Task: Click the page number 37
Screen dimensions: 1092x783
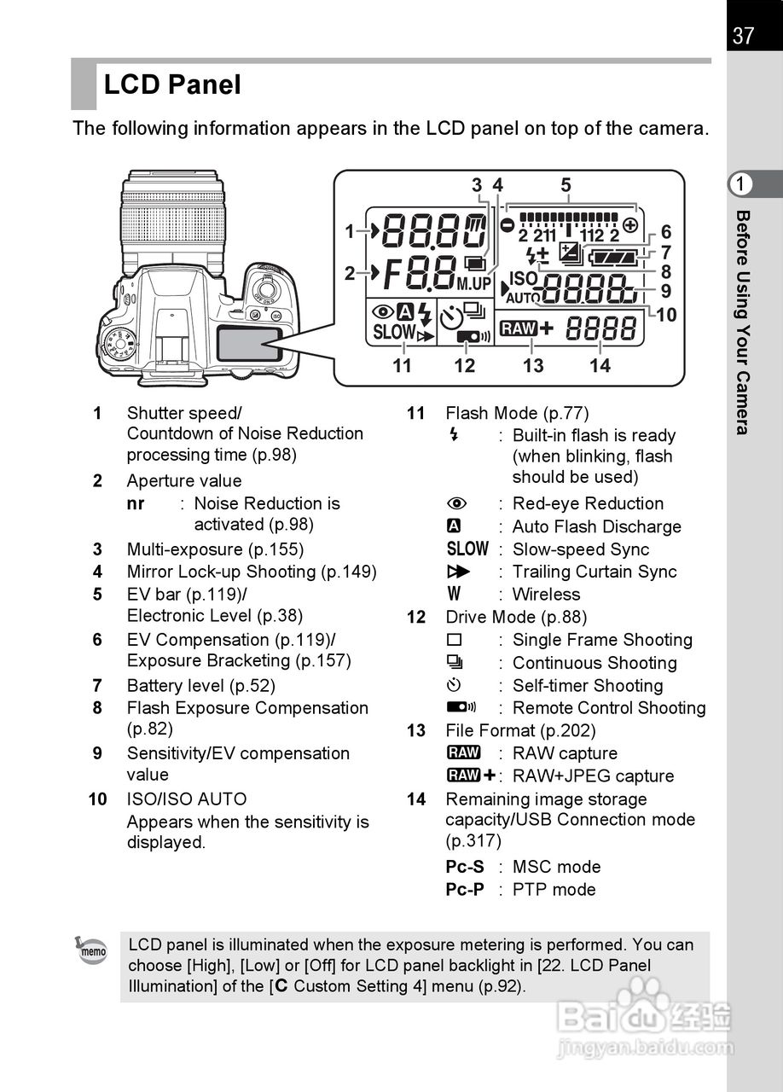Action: click(743, 36)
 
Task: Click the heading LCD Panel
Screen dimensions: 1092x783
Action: click(172, 84)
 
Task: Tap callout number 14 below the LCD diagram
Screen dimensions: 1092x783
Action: click(600, 366)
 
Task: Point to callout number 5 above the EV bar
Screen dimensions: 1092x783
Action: click(565, 185)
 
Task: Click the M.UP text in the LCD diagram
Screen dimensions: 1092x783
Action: click(475, 282)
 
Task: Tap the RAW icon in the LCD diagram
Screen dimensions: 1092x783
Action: click(519, 328)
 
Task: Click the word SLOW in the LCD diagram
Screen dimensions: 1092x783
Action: click(393, 332)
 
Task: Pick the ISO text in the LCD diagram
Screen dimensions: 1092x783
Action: click(523, 278)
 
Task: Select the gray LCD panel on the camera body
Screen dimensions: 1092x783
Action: click(248, 343)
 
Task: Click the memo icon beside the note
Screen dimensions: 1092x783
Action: click(92, 950)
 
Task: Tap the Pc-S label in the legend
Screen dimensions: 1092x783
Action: click(465, 867)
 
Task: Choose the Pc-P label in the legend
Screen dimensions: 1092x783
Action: click(465, 889)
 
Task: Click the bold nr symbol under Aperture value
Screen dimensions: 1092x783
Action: click(136, 503)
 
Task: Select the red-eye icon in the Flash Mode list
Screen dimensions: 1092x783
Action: click(456, 504)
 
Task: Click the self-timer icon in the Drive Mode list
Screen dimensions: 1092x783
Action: click(455, 685)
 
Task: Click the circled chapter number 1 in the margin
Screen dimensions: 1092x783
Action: click(742, 184)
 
